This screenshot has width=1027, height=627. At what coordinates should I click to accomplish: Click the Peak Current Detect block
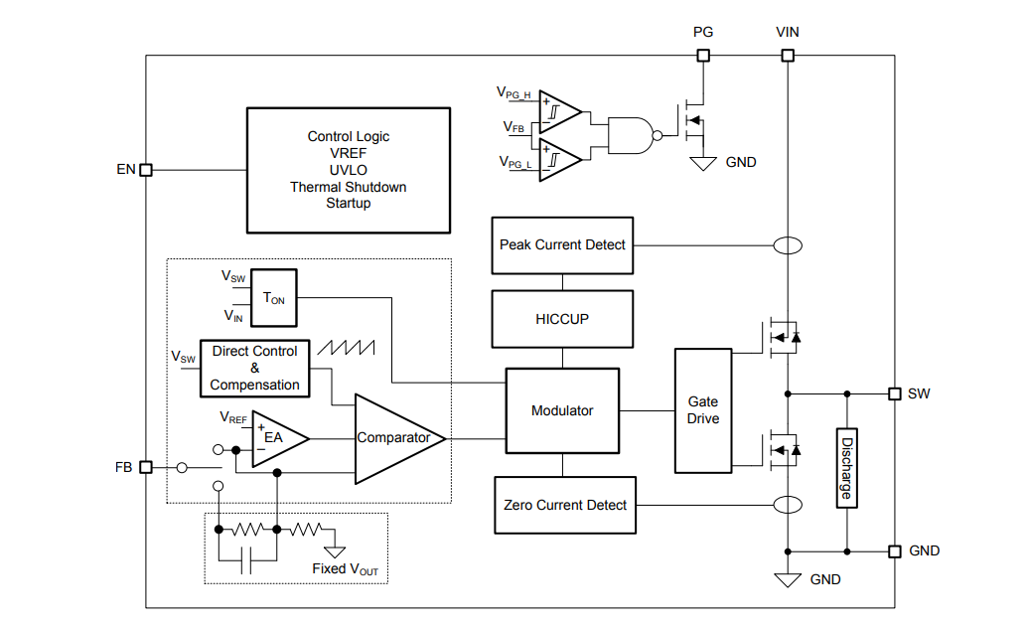(x=562, y=244)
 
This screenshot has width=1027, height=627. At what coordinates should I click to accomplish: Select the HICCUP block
(x=562, y=319)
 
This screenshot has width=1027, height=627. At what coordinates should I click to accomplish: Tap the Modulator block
(x=562, y=410)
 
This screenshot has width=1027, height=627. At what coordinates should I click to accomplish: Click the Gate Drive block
(x=703, y=410)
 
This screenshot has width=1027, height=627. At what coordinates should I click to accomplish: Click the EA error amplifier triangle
(x=275, y=437)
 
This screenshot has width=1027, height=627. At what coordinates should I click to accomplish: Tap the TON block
(x=274, y=297)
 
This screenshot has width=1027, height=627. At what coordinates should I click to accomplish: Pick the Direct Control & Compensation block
(x=254, y=369)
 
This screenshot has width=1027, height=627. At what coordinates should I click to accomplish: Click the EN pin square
(x=146, y=170)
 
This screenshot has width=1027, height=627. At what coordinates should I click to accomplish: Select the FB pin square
(x=146, y=467)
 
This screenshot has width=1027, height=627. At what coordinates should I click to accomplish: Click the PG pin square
(x=703, y=56)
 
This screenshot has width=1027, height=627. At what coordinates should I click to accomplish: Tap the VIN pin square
(x=787, y=56)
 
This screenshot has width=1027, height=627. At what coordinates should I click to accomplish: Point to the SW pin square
(x=894, y=393)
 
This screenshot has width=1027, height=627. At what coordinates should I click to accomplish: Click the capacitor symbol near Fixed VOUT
(x=248, y=560)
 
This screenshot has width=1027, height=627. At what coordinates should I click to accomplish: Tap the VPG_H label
(x=513, y=92)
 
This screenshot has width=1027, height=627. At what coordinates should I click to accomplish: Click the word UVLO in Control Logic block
(x=348, y=170)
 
